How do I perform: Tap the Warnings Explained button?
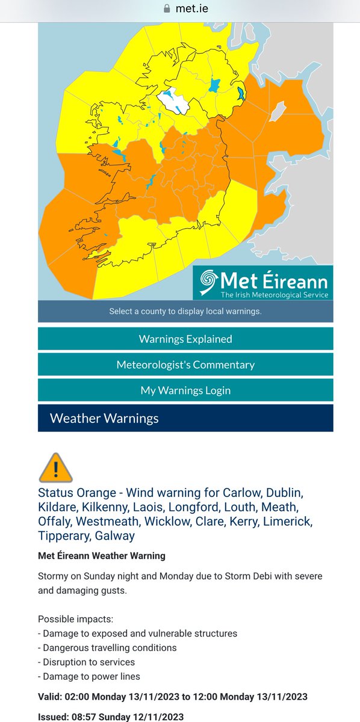click(x=185, y=339)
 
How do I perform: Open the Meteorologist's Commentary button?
click(x=185, y=365)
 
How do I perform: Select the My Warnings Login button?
click(x=185, y=390)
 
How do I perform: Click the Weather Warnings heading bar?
click(x=185, y=418)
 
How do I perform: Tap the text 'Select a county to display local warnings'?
click(x=185, y=312)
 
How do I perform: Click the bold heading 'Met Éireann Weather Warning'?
click(x=101, y=555)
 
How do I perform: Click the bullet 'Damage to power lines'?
click(x=92, y=677)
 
